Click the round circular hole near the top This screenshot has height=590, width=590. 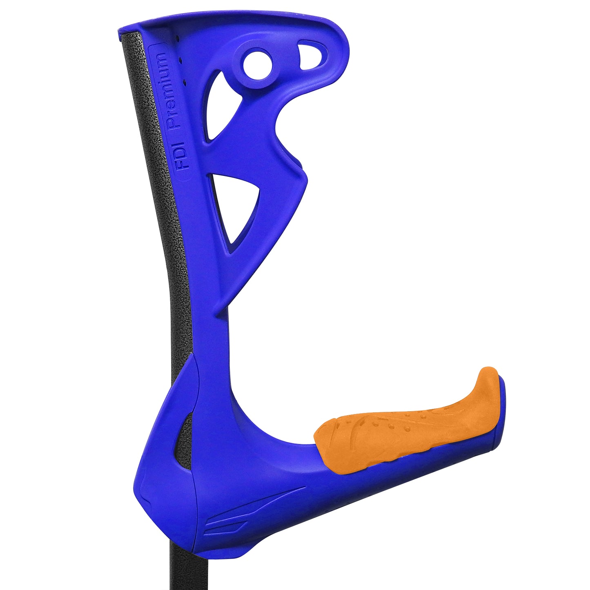click(x=258, y=64)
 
